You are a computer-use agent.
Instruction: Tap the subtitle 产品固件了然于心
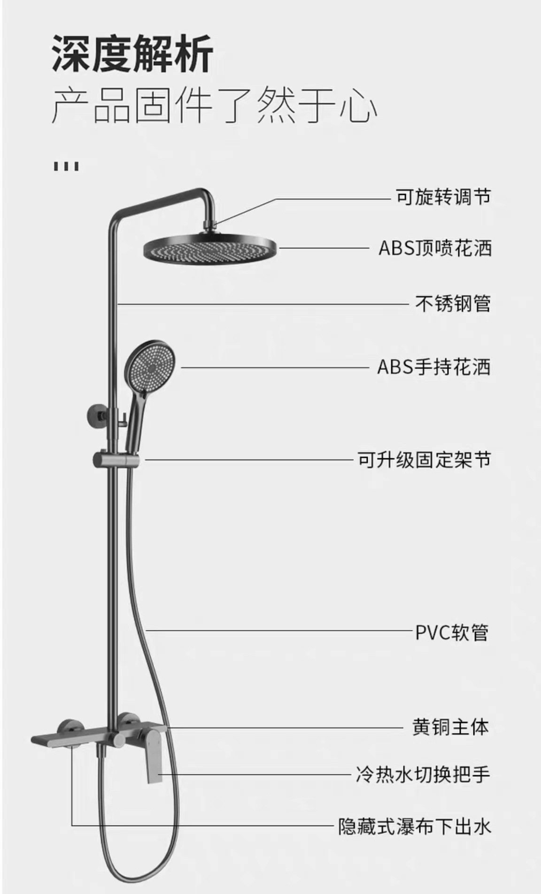214,104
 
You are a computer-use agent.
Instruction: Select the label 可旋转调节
443,196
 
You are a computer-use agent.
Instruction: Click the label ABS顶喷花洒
435,248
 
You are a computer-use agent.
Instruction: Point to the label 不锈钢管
453,303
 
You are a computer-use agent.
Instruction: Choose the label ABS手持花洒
434,367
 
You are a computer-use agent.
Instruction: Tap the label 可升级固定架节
424,459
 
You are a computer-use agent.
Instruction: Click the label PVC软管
452,632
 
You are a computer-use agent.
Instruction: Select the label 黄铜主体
450,727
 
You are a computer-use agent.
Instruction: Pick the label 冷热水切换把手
423,774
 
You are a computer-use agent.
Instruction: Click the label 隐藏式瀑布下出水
415,826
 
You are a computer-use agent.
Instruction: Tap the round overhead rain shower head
210,248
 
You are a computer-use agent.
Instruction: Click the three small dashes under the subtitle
66,166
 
